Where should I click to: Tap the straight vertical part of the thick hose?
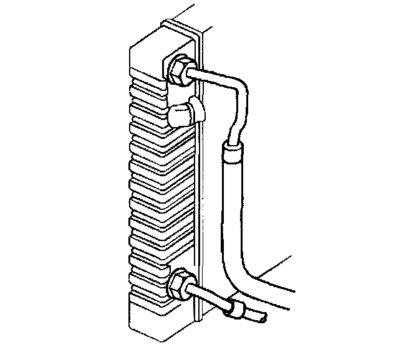(x=231, y=206)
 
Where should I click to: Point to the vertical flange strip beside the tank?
(x=198, y=187)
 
